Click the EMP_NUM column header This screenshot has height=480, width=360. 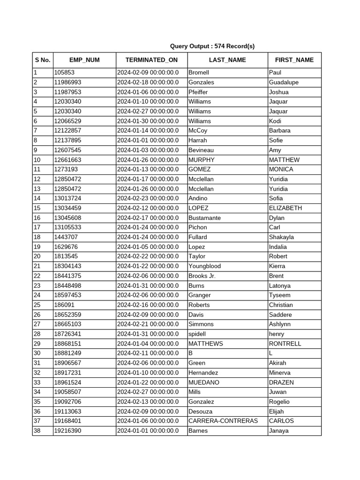tap(84, 60)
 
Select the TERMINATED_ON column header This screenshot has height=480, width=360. tap(151, 60)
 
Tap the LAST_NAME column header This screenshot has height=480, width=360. tap(227, 60)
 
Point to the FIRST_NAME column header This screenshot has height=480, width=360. tap(294, 60)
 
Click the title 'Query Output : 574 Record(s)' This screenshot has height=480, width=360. tap(212, 46)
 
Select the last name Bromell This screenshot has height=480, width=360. tap(199, 73)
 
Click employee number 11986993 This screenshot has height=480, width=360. tap(67, 82)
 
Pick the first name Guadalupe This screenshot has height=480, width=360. tap(284, 82)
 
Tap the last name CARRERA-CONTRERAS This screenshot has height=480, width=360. tap(223, 421)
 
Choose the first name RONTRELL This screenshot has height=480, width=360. tap(285, 344)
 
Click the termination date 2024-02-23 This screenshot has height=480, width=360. tap(148, 198)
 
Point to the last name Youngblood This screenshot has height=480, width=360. tap(204, 266)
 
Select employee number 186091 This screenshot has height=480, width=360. tap(64, 305)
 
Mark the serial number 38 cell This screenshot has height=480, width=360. tap(37, 431)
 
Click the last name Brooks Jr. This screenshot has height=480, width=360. tap(202, 276)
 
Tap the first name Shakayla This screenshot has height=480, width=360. tap(281, 237)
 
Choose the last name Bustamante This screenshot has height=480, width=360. tap(204, 218)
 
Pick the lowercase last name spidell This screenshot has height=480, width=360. tap(197, 334)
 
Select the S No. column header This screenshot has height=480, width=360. tap(42, 60)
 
